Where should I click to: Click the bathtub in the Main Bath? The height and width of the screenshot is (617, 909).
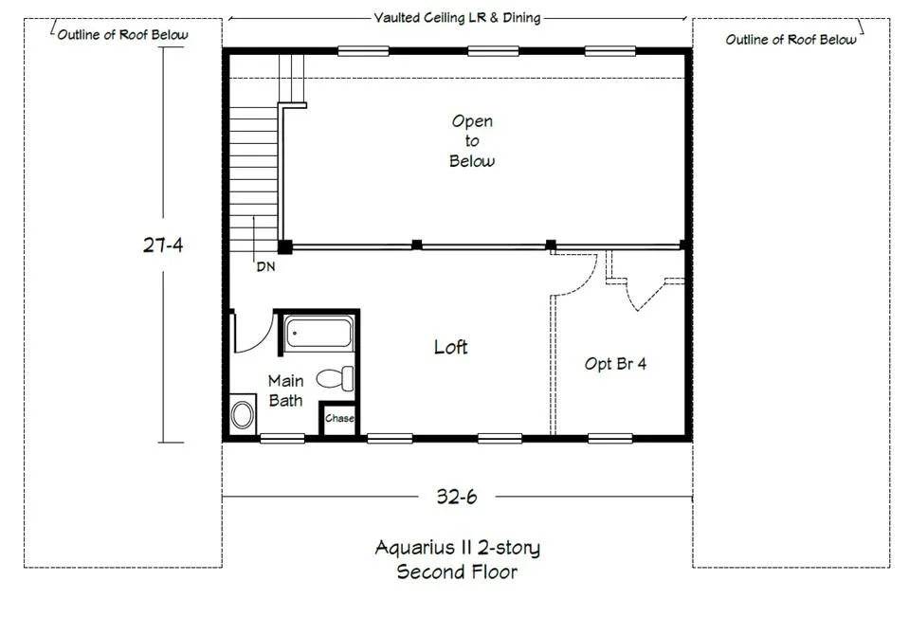(x=318, y=333)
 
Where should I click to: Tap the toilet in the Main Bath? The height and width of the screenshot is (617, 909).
(x=336, y=378)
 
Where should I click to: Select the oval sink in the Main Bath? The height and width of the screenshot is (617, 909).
(x=243, y=414)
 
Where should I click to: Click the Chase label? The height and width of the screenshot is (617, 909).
(x=339, y=418)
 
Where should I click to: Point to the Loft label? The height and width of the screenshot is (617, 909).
(x=450, y=347)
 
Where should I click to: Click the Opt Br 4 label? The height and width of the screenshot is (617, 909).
(x=615, y=364)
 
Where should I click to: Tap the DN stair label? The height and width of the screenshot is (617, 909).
(x=265, y=266)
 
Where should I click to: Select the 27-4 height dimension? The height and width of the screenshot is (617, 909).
(x=163, y=245)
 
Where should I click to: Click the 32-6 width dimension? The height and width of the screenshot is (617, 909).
(x=457, y=497)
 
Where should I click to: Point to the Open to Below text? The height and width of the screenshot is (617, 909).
(x=472, y=141)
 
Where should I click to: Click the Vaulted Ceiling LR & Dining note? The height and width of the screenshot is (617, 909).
(x=457, y=18)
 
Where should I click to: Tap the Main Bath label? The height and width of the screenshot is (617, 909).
(x=285, y=390)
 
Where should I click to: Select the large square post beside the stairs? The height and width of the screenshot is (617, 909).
(x=284, y=247)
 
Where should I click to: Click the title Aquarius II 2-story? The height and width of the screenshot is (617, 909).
(x=458, y=548)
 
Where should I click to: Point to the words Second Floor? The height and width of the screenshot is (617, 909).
(x=457, y=572)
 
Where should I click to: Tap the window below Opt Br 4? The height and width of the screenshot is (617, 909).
(x=609, y=439)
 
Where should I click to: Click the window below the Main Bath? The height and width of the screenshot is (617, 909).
(x=282, y=439)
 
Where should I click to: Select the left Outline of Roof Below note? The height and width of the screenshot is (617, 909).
(x=123, y=35)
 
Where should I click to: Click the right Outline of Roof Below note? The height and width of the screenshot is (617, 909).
(x=791, y=40)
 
